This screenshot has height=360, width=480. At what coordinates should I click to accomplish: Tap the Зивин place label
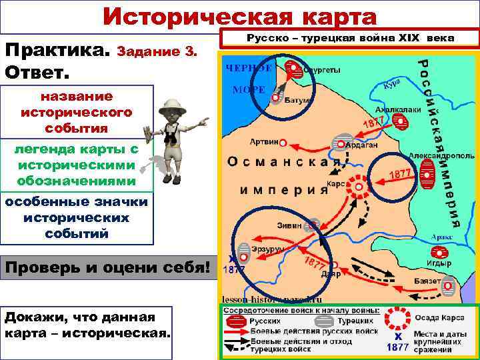tap(290, 225)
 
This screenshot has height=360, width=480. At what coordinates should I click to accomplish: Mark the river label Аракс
tap(441, 236)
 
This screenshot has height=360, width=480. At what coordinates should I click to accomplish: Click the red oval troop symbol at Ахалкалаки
tap(400, 121)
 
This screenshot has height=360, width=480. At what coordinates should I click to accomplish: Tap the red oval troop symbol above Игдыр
tap(440, 252)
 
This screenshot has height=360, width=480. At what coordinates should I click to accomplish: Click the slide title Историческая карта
tap(240, 16)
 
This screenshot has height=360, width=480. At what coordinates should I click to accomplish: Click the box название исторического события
tap(77, 111)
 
